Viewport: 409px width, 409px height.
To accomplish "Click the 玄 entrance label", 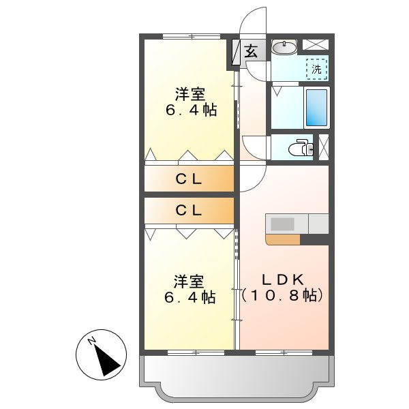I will [251, 51].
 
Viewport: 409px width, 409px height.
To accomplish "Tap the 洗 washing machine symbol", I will [316, 69].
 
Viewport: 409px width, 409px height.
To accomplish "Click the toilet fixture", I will [300, 148].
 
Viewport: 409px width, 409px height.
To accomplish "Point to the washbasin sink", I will [284, 48].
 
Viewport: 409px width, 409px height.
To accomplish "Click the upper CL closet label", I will [189, 181].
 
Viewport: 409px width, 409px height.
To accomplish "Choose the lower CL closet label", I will [189, 211].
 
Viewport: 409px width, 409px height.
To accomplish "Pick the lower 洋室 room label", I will [189, 281].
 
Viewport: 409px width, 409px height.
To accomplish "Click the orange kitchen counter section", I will [283, 239].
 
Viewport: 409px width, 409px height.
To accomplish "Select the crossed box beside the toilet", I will [323, 147].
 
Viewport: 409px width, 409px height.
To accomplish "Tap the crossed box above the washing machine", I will [314, 45].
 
